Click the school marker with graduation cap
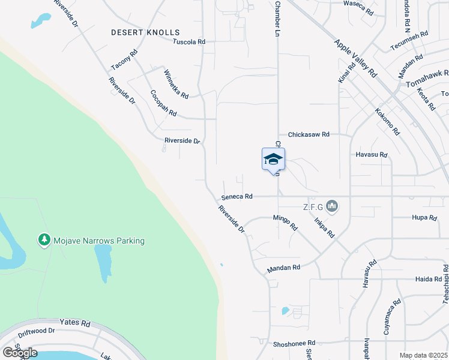tap(273, 159)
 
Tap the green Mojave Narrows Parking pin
tap(44, 240)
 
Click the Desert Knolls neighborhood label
tap(145, 32)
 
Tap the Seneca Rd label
tap(237, 196)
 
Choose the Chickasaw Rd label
tap(309, 134)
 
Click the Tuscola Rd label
tap(189, 42)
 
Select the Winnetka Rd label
tap(176, 84)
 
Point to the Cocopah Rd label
tap(163, 103)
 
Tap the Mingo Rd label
tap(285, 223)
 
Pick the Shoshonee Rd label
tap(294, 343)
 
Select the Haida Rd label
tap(428, 279)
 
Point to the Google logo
tap(20, 352)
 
